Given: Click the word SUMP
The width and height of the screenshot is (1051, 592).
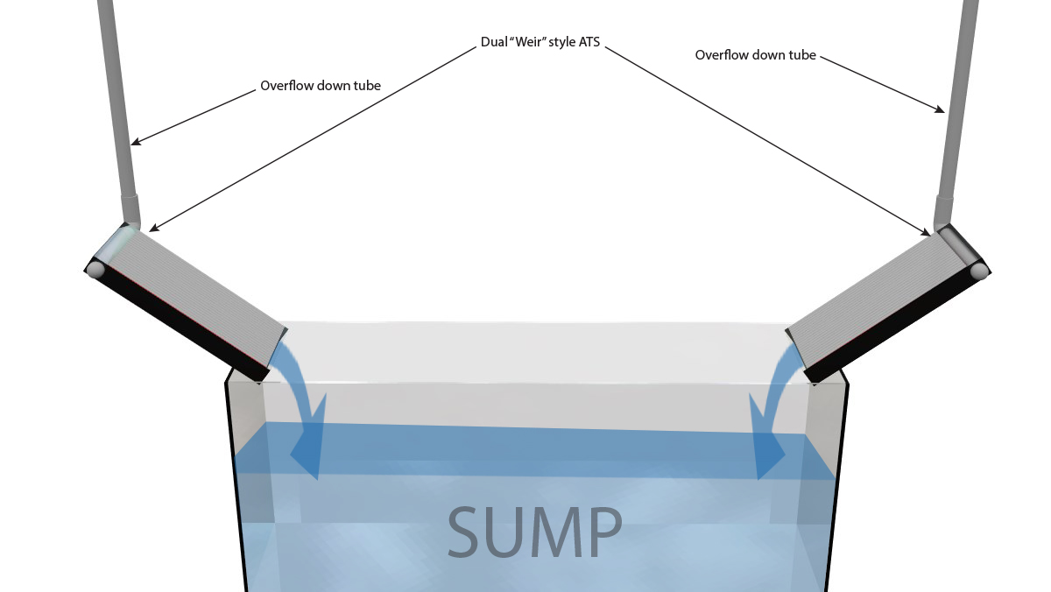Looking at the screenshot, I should point(534,532).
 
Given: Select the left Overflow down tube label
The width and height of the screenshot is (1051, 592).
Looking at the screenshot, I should point(320,87).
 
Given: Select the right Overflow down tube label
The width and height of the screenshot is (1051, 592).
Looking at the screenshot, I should point(755,55).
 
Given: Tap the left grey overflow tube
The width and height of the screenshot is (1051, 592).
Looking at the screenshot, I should point(118,105).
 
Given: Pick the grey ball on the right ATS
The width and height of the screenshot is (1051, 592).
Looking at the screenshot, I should point(979,271).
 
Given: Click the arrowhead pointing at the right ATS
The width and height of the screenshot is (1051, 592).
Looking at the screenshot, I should point(927,232).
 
